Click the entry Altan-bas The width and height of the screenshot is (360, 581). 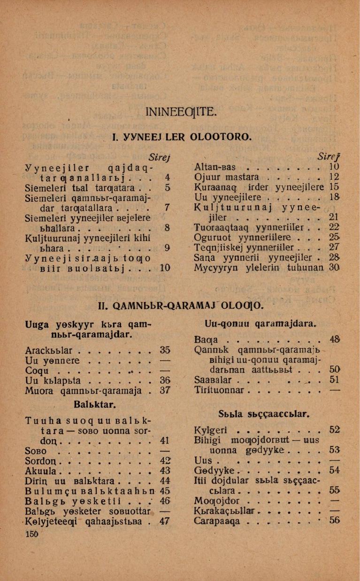(x=215, y=166)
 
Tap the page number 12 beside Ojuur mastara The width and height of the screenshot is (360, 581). (x=334, y=177)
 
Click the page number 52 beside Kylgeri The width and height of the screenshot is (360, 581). (x=334, y=429)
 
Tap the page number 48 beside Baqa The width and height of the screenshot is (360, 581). (x=334, y=339)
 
